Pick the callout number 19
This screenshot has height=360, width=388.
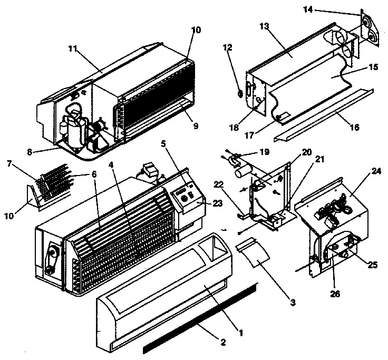264,152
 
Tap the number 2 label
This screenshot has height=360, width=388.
223,342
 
